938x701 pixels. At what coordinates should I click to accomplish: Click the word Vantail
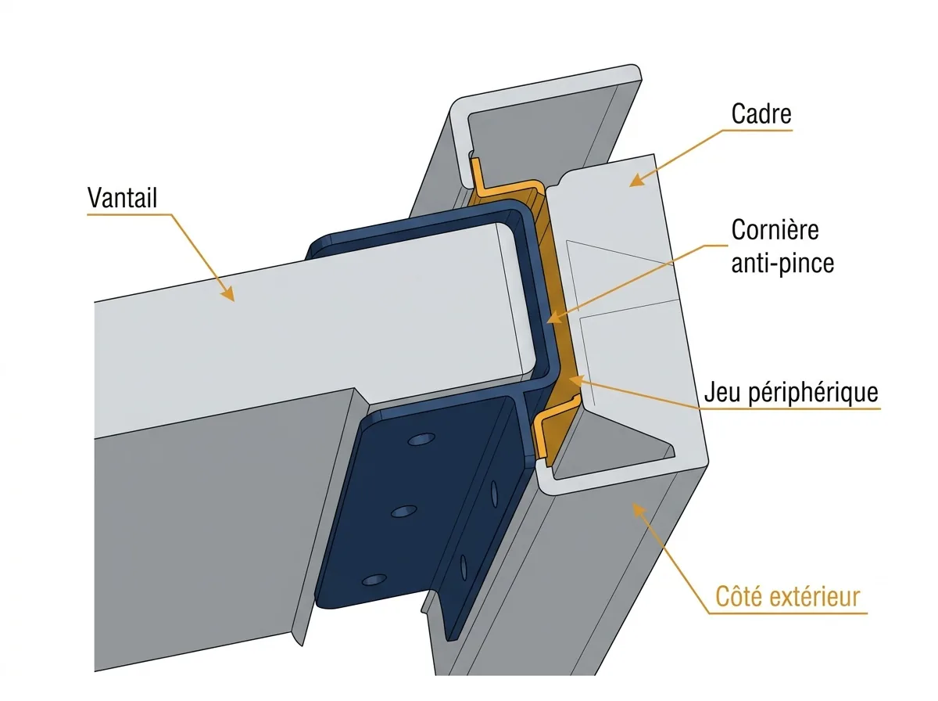pos(122,198)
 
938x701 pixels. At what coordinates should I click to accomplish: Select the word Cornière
pos(775,230)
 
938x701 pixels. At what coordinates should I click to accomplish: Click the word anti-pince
pos(782,263)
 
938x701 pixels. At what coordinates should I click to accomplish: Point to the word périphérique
pos(813,392)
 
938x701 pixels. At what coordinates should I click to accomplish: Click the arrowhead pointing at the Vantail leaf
pos(228,293)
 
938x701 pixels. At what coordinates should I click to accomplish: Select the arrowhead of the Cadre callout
pos(637,180)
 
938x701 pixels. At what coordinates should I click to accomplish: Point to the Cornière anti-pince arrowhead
pos(554,318)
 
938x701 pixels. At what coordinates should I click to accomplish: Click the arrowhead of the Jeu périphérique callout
pos(576,380)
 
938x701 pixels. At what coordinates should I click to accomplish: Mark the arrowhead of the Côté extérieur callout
pos(638,509)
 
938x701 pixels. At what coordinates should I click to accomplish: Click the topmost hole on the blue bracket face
pos(421,439)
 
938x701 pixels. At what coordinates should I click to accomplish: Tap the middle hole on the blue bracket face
pos(404,511)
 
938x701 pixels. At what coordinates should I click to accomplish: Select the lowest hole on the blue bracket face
pos(374,580)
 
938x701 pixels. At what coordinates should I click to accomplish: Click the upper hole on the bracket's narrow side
pos(494,494)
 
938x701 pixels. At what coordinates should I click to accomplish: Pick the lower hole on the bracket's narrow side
pos(464,567)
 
